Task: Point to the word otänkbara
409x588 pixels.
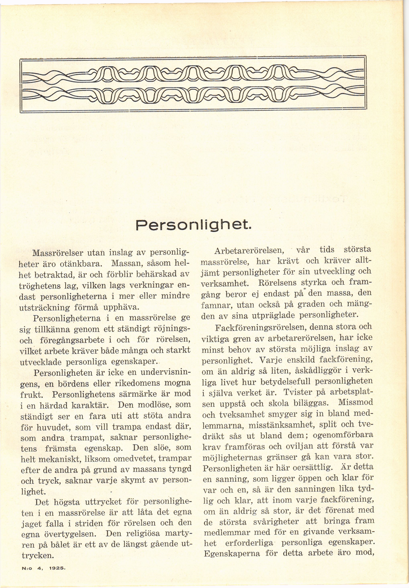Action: pyautogui.click(x=80, y=263)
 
